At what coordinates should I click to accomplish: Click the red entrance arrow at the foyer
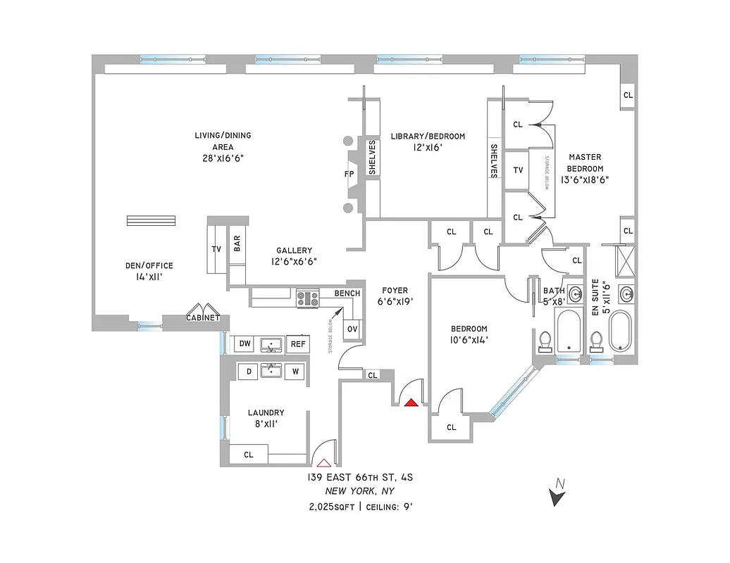[x=411, y=403]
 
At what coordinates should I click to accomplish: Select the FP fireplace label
[x=349, y=174]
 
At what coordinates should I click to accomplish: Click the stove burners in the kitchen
[x=307, y=298]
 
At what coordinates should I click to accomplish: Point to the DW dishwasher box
[x=245, y=343]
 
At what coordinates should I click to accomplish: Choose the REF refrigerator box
[x=298, y=343]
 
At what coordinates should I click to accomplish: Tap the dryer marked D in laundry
[x=248, y=372]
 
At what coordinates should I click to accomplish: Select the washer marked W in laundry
[x=296, y=372]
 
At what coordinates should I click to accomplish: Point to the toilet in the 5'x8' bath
[x=544, y=341]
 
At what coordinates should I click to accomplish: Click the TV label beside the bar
[x=216, y=249]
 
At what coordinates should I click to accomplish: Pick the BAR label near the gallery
[x=237, y=243]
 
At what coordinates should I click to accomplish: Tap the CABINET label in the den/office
[x=203, y=318]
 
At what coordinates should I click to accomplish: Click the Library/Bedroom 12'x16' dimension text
[x=428, y=148]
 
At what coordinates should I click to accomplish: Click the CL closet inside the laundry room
[x=248, y=455]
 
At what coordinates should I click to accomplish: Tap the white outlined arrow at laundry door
[x=323, y=462]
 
